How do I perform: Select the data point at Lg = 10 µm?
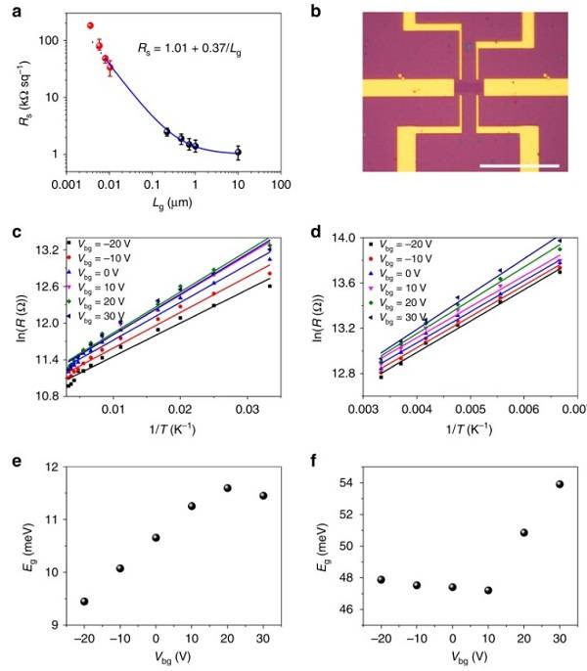point(238,153)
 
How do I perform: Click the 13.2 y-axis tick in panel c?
point(43,250)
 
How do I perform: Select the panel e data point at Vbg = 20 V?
point(227,488)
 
